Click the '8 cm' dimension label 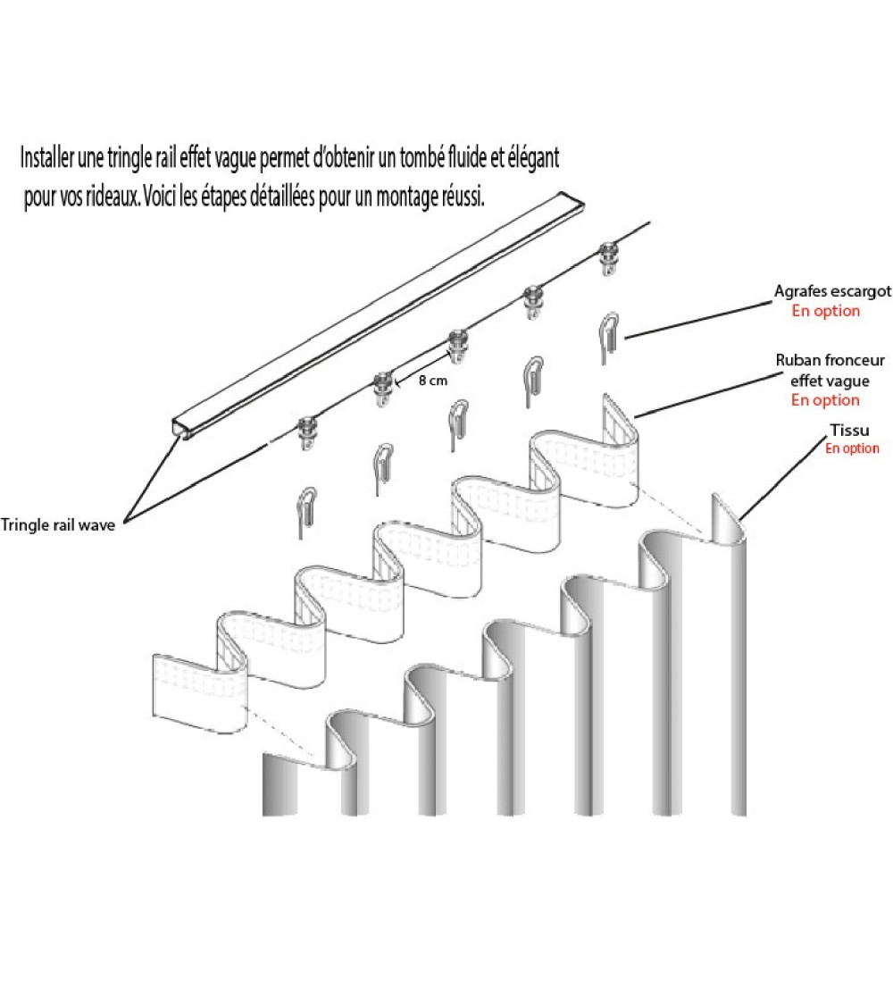pos(433,380)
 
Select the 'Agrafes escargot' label pos(832,292)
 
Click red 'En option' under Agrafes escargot pos(826,311)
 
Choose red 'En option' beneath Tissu pos(851,448)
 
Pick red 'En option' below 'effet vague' pos(825,400)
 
